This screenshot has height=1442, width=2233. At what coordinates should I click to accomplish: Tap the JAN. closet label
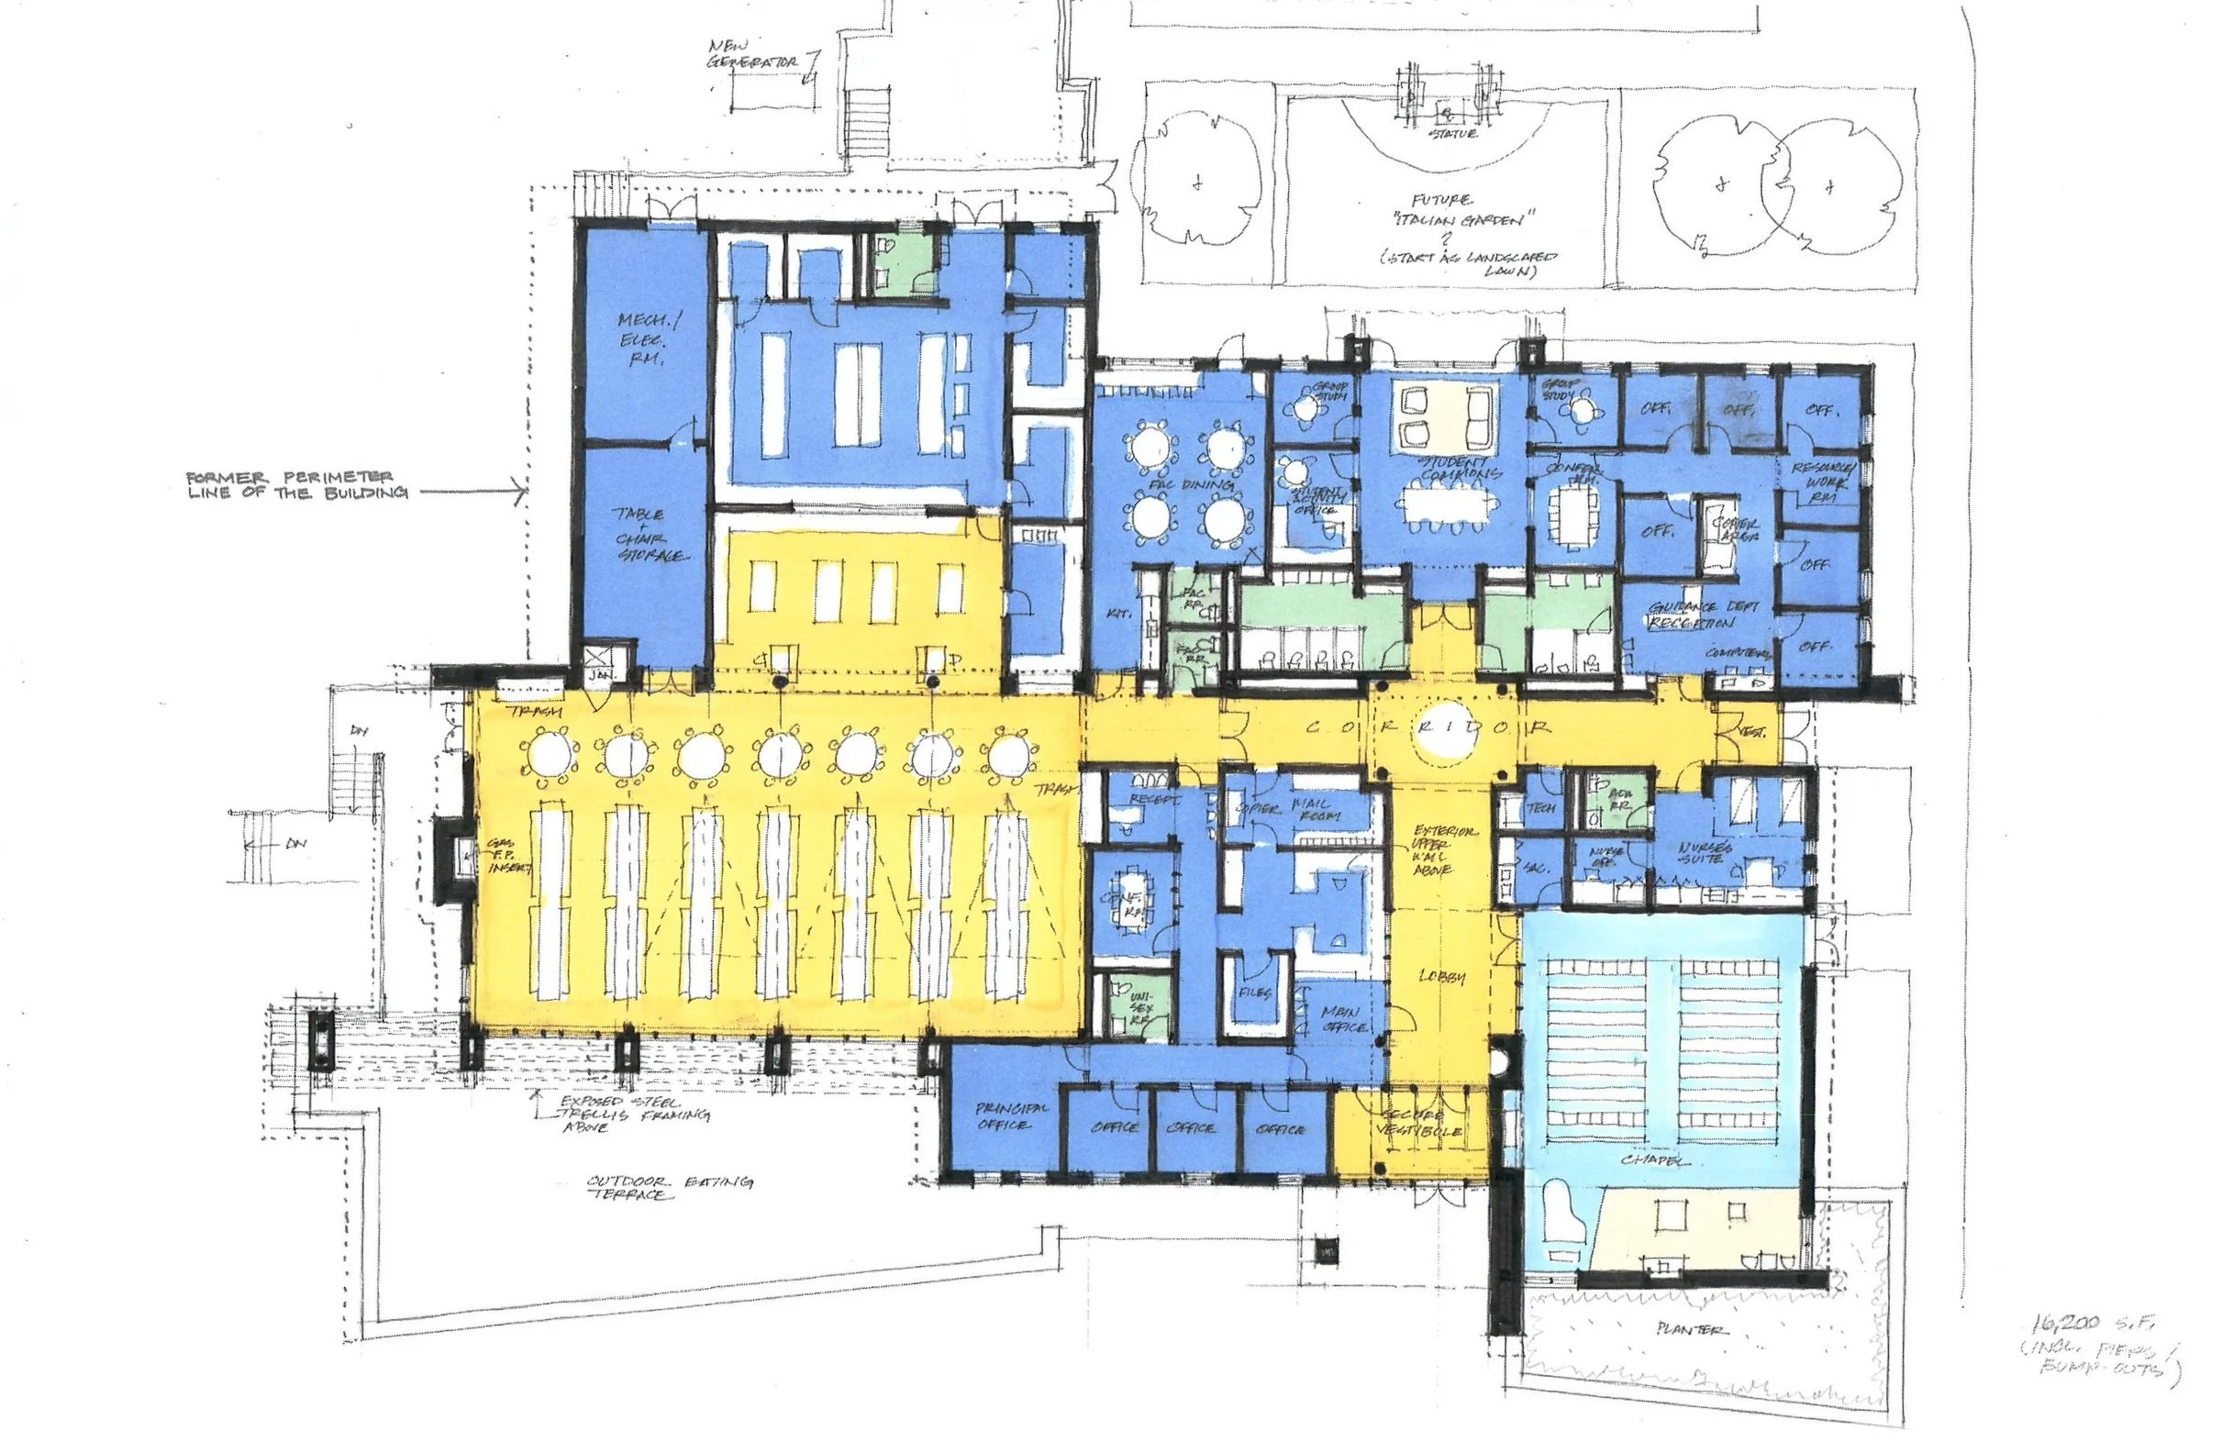click(597, 675)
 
